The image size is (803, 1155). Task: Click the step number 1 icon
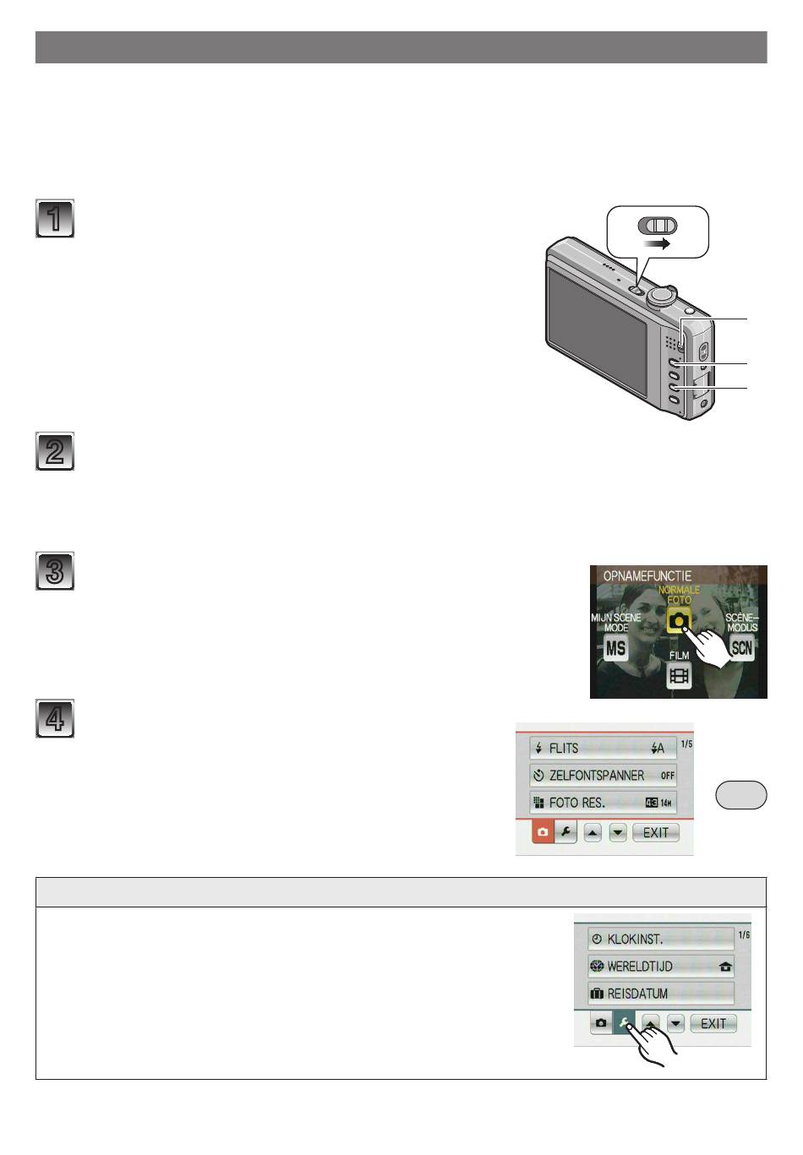pyautogui.click(x=55, y=218)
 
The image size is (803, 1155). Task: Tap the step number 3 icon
pyautogui.click(x=55, y=571)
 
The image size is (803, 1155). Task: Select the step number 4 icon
pyautogui.click(x=55, y=718)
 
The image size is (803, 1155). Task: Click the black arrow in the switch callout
pyautogui.click(x=657, y=243)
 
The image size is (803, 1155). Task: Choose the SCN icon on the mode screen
pyautogui.click(x=741, y=647)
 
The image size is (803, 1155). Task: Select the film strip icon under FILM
pyautogui.click(x=679, y=675)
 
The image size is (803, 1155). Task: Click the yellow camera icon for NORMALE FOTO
pyautogui.click(x=679, y=620)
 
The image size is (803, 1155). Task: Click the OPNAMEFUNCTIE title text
pyautogui.click(x=647, y=576)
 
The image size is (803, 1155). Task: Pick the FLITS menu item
pyautogui.click(x=603, y=748)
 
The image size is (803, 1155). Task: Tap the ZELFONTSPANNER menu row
pyautogui.click(x=603, y=775)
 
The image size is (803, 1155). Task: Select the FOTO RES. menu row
pyautogui.click(x=603, y=803)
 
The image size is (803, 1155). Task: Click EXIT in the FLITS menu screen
pyautogui.click(x=655, y=832)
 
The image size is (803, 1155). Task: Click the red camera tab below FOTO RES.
pyautogui.click(x=543, y=832)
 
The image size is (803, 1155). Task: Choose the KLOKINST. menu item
pyautogui.click(x=661, y=939)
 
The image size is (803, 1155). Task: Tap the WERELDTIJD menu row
pyautogui.click(x=661, y=966)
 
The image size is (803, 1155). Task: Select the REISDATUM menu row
pyautogui.click(x=661, y=993)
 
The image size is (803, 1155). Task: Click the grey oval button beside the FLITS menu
pyautogui.click(x=741, y=794)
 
